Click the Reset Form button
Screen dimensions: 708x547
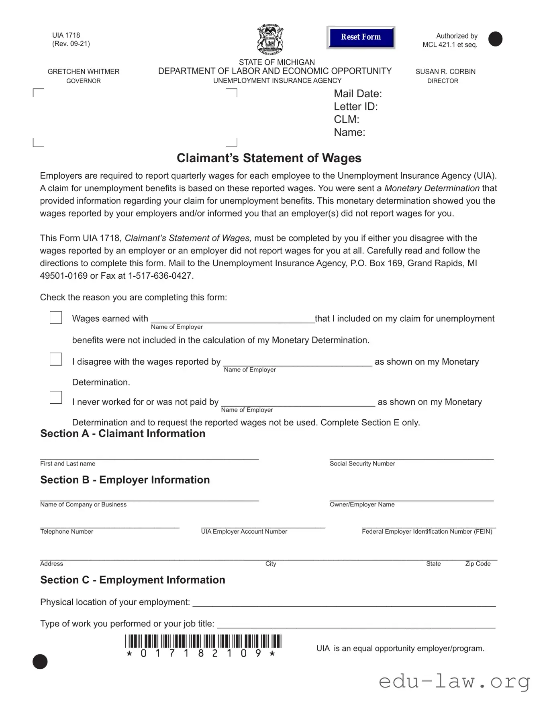(361, 37)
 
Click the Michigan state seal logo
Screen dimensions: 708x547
(270, 39)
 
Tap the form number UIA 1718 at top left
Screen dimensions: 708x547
(66, 35)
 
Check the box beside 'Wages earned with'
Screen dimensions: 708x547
(56, 318)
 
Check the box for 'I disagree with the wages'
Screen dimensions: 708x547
(56, 359)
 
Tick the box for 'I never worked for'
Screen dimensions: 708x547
(56, 398)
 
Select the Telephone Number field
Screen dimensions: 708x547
(109, 524)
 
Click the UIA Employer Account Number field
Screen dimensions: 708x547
(263, 524)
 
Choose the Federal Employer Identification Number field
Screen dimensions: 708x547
(429, 524)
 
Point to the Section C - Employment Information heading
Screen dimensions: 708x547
(133, 580)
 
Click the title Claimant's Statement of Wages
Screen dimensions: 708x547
(269, 158)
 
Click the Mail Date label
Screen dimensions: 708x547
(357, 94)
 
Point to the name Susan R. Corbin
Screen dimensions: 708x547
(445, 71)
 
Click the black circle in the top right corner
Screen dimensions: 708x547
(495, 39)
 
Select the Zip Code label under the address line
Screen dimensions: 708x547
(478, 564)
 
